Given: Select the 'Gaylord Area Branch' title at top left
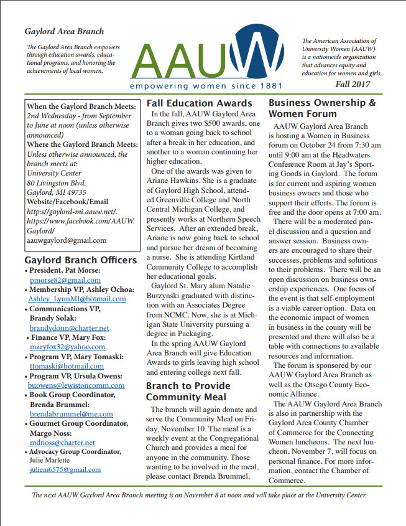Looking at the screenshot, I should [64, 31].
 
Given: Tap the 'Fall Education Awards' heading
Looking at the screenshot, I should [199, 103].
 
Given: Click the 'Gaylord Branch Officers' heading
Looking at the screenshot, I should [80, 260].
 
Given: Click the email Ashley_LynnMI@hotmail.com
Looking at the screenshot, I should [76, 299].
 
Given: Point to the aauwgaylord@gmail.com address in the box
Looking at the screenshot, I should [67, 240].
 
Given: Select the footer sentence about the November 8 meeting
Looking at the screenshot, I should [199, 495].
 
